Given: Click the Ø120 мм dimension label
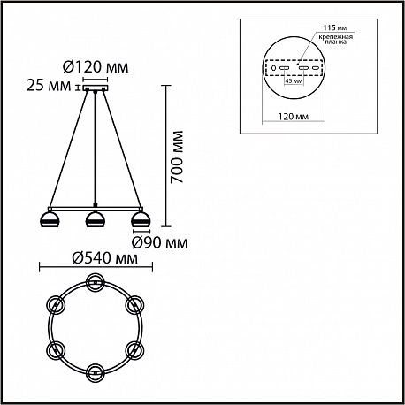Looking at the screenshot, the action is click(x=96, y=67).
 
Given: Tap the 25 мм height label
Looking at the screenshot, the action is click(x=49, y=86).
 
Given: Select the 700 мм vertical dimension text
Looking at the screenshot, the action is click(x=177, y=157).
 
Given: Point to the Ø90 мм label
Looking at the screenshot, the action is click(x=160, y=243).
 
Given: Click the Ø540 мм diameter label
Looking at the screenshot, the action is click(x=104, y=258).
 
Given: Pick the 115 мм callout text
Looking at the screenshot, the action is click(x=334, y=28).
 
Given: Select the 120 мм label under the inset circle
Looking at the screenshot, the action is click(x=294, y=117).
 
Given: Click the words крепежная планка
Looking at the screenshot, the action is click(x=335, y=40).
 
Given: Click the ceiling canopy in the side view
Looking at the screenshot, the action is click(x=96, y=88).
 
